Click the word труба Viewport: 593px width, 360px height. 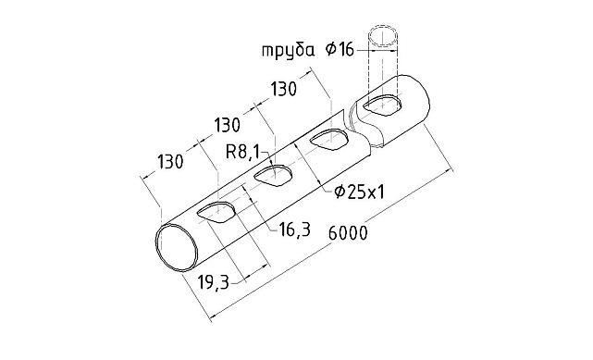tap(286, 50)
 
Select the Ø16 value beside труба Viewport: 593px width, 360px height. tap(340, 50)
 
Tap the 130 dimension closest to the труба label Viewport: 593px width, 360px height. tap(286, 89)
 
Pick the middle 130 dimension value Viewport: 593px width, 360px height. tap(229, 125)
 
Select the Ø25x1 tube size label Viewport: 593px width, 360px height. tap(358, 192)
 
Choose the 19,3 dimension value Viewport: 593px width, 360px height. tap(215, 283)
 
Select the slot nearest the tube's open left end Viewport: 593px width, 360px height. tap(218, 211)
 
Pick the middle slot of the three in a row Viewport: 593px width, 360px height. tap(273, 176)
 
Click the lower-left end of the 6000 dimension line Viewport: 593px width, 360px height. tap(215, 317)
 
